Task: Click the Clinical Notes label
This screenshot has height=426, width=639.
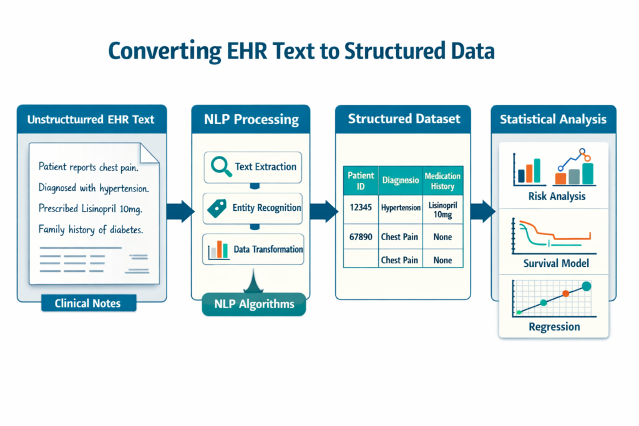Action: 87,304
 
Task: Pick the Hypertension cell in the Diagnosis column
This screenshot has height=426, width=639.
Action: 401,208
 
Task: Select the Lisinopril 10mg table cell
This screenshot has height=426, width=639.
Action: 442,209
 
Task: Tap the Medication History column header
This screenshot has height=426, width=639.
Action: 442,181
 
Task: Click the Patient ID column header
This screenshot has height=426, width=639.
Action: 361,181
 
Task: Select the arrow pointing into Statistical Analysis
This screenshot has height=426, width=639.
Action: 481,211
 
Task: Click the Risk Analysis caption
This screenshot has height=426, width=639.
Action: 555,196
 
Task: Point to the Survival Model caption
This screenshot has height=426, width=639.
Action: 554,263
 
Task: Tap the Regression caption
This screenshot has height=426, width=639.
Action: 554,327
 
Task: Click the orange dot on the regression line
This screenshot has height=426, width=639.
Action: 565,293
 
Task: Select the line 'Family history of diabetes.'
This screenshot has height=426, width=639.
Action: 91,230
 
